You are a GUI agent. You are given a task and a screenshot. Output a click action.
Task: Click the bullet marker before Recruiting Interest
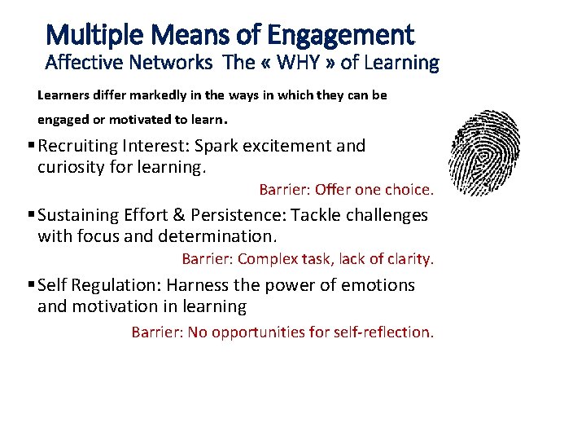pyautogui.click(x=30, y=147)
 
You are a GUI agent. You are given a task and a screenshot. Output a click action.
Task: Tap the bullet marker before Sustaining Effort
pyautogui.click(x=30, y=216)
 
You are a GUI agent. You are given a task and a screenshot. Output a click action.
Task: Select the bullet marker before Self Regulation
pyautogui.click(x=30, y=286)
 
